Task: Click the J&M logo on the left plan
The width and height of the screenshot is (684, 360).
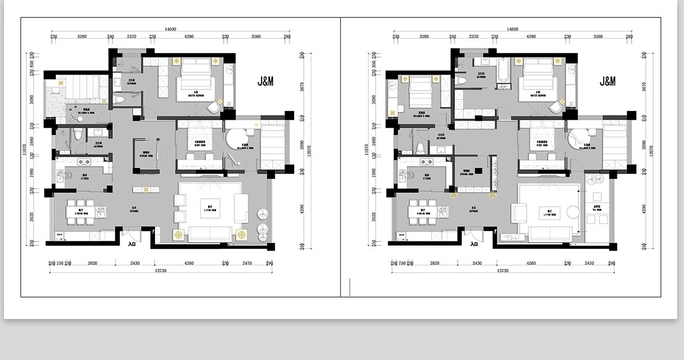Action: [x=266, y=81]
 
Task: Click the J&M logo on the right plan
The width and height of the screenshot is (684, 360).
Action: [x=608, y=81]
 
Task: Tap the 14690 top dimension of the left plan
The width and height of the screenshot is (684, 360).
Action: [x=170, y=28]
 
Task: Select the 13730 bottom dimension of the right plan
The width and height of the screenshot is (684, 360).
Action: [x=502, y=271]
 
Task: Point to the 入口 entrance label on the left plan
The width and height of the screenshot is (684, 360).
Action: [x=132, y=244]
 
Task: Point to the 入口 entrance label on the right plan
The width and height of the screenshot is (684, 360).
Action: [x=474, y=244]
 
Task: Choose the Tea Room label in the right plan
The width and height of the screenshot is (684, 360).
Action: [x=597, y=208]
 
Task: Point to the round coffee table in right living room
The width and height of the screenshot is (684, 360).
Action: [x=572, y=212]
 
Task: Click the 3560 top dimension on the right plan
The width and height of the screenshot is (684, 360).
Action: [x=597, y=36]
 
